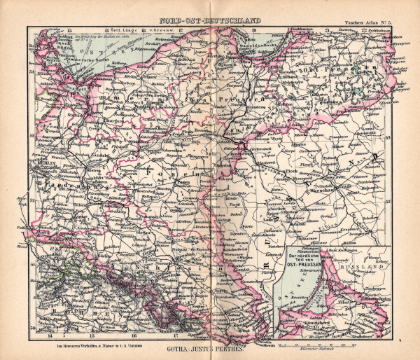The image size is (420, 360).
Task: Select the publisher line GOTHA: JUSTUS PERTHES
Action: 209,346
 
